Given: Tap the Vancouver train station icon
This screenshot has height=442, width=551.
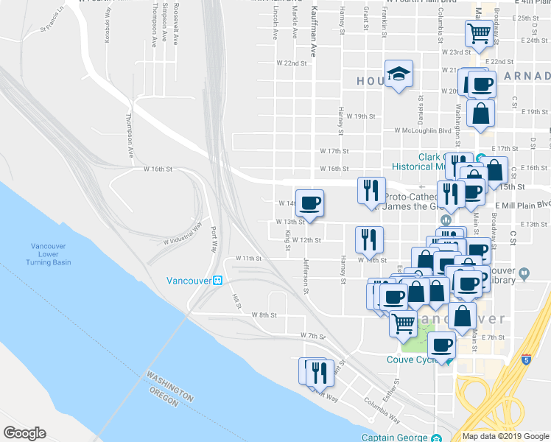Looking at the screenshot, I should pyautogui.click(x=218, y=281).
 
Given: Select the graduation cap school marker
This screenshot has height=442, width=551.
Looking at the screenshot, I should pyautogui.click(x=399, y=74).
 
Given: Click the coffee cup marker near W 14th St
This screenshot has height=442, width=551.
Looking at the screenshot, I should pyautogui.click(x=309, y=203).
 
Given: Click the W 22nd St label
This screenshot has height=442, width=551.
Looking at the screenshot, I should pyautogui.click(x=291, y=63).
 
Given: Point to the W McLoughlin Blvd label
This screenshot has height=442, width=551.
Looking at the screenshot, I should pyautogui.click(x=424, y=130).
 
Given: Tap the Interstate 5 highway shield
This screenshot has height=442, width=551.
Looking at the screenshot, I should pyautogui.click(x=526, y=359).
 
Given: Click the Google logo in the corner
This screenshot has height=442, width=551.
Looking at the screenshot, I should pyautogui.click(x=24, y=432).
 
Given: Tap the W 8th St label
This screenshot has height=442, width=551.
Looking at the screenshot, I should pyautogui.click(x=263, y=315).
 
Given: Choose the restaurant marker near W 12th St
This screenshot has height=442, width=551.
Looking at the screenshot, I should pyautogui.click(x=368, y=239).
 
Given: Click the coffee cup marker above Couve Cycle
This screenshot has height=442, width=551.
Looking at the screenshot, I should pyautogui.click(x=442, y=344).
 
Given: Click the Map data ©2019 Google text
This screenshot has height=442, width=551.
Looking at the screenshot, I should pyautogui.click(x=505, y=436).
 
